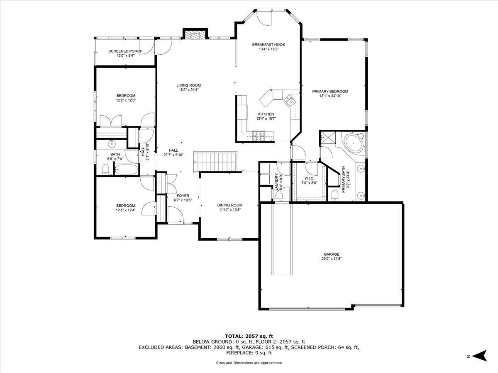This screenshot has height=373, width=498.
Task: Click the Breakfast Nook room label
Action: (269, 45)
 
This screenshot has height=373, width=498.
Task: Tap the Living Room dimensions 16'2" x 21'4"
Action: (188, 90)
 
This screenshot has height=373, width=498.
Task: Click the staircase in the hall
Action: (215, 162)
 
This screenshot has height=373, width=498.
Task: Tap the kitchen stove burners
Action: (259, 136)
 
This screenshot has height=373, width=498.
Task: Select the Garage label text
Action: (332, 254)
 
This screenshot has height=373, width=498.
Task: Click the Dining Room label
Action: (229, 205)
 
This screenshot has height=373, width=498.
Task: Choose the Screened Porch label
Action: (125, 51)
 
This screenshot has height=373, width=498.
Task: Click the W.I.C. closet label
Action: (309, 179)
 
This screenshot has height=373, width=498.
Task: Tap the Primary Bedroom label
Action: (330, 92)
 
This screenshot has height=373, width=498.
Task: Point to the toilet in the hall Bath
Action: (105, 170)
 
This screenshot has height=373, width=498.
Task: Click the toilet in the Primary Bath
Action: (334, 196)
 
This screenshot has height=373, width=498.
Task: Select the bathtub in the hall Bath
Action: (126, 169)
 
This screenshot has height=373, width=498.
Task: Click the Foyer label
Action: (183, 196)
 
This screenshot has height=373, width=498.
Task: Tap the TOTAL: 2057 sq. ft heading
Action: (249, 342)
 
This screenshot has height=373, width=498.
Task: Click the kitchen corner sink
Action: (289, 101)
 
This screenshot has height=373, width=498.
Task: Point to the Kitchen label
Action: (266, 114)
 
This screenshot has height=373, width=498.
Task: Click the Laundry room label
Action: (276, 182)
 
